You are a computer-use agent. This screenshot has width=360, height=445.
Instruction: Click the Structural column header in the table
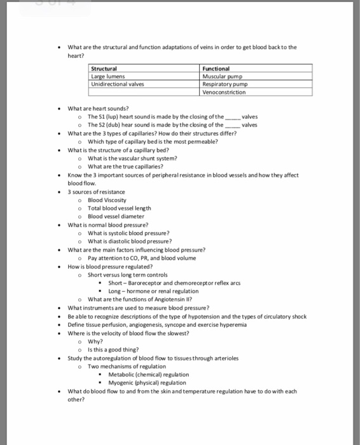104,68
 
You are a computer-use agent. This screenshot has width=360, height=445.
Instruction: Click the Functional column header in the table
216,68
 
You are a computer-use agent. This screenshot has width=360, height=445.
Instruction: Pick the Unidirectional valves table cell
118,84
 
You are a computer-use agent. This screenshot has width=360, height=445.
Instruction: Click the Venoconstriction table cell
224,92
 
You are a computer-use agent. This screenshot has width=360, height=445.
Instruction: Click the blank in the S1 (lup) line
235,118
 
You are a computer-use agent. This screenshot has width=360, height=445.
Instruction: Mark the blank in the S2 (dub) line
233,125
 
